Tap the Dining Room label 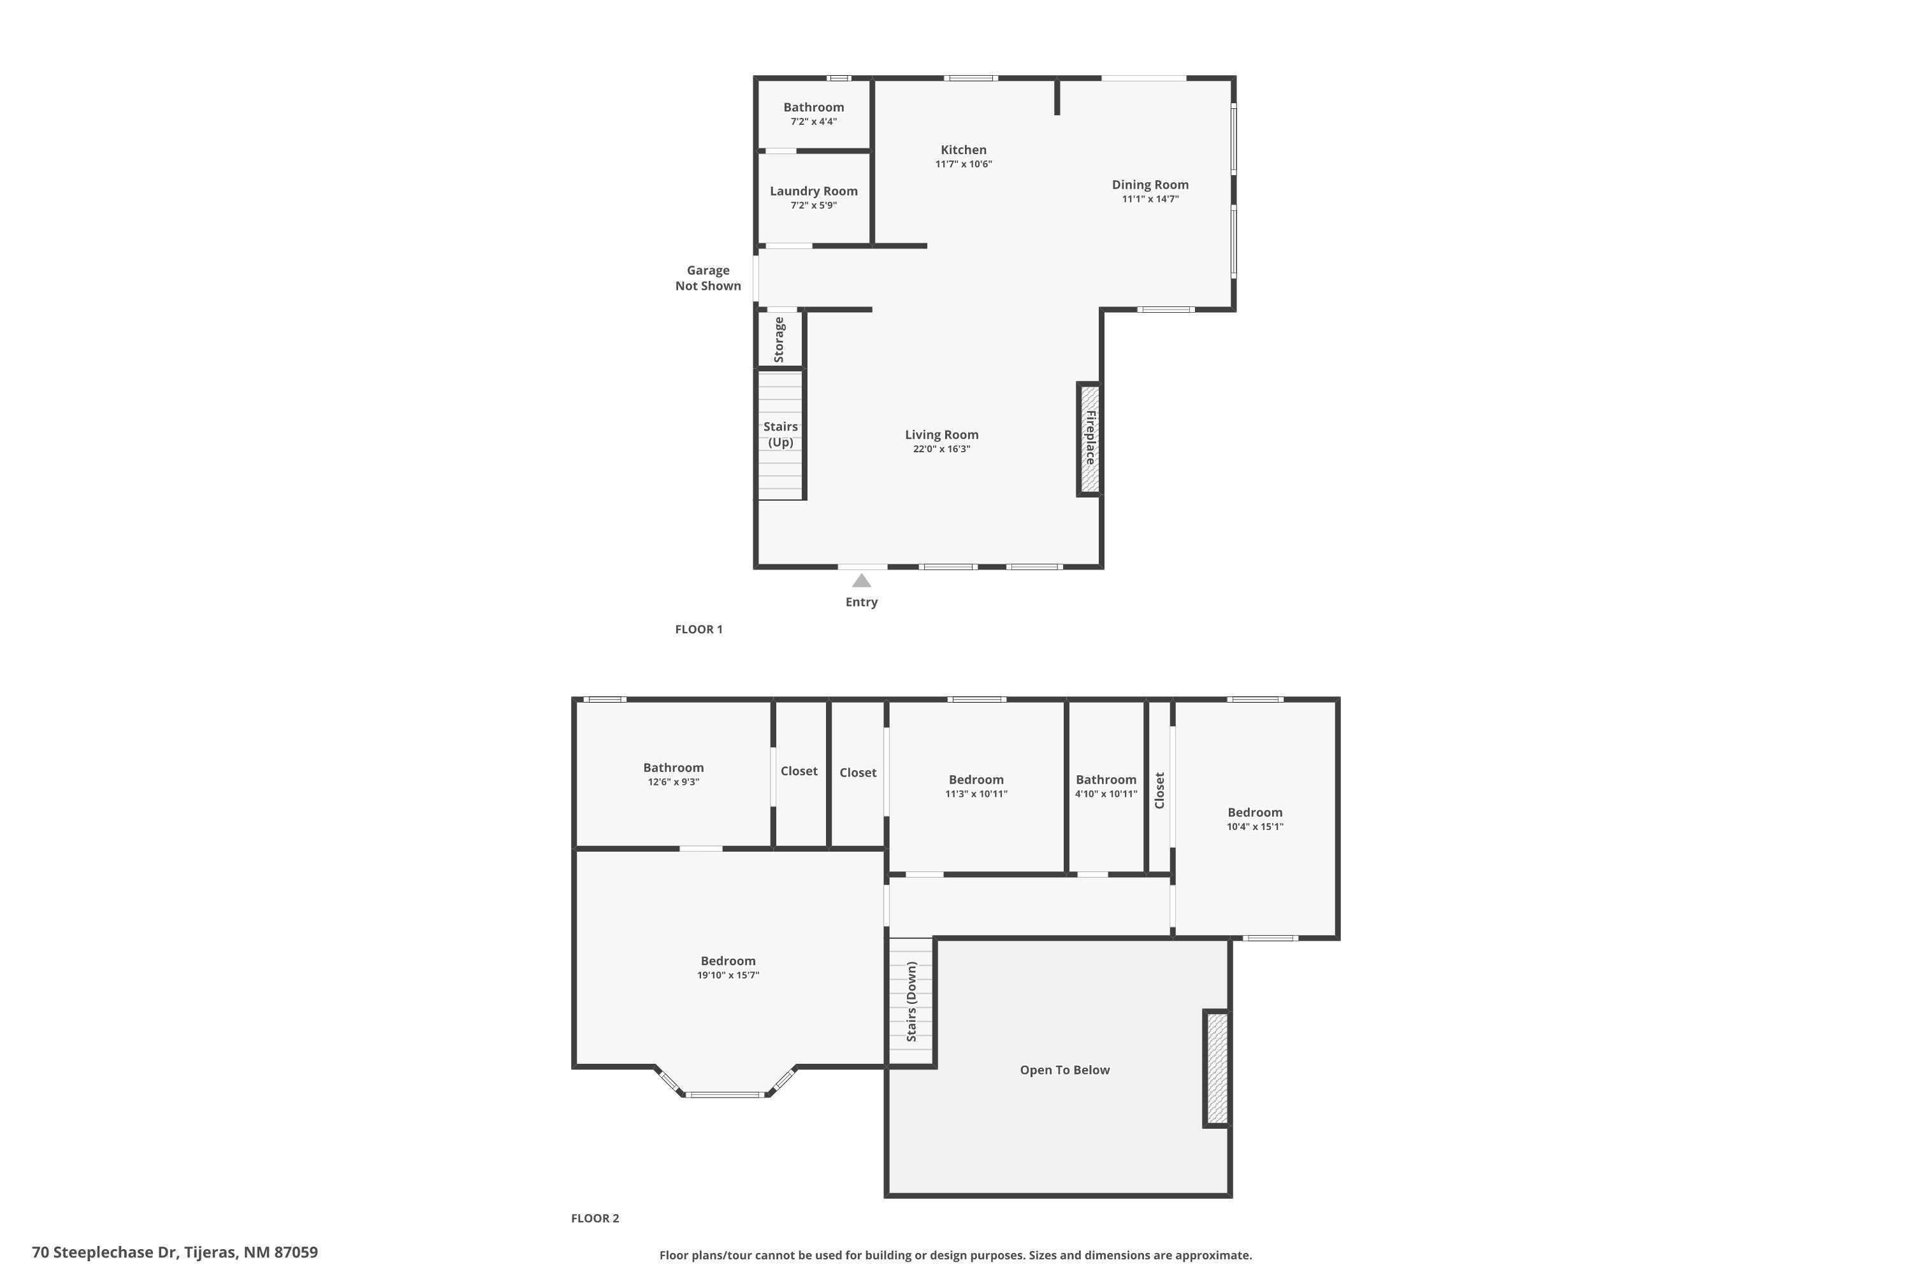pos(1150,185)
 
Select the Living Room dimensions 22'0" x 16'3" pos(941,449)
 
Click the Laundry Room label pos(814,191)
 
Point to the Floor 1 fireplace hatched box pos(1089,439)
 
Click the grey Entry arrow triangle pos(862,580)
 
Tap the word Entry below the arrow pos(862,602)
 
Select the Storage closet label pos(779,340)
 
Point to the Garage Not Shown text pos(708,278)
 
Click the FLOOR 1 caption pos(699,629)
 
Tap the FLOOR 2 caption pos(595,1218)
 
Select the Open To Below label pos(1065,1070)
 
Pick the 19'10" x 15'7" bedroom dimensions pos(728,975)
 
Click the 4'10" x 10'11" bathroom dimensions pos(1106,794)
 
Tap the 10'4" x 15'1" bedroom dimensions pos(1255,826)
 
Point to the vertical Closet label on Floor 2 pos(1160,791)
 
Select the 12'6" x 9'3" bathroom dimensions pos(674,782)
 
